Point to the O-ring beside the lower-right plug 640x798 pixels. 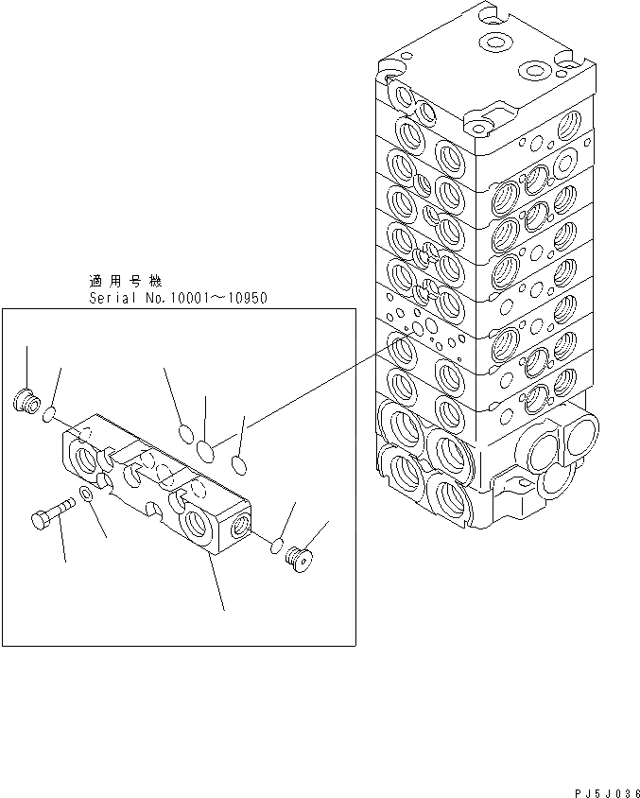click(x=277, y=546)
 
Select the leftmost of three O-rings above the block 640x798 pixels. click(x=186, y=434)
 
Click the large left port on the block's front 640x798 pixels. click(x=86, y=459)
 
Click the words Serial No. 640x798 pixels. click(x=122, y=298)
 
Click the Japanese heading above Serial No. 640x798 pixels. click(x=125, y=282)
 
